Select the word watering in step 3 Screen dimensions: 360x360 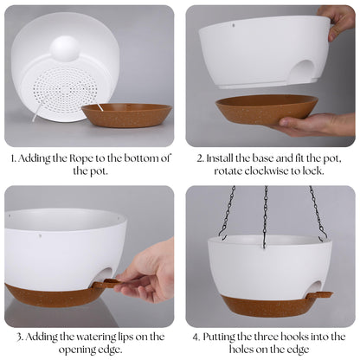click(88, 337)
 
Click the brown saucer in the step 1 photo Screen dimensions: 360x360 click(126, 115)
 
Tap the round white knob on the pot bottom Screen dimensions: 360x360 click(64, 48)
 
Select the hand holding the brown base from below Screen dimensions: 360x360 click(313, 125)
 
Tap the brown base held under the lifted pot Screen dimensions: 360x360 click(267, 110)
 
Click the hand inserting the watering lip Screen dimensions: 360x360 click(147, 274)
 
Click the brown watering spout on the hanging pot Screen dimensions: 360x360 click(319, 295)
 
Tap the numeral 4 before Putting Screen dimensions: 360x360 click(196, 337)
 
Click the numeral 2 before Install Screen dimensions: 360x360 click(200, 158)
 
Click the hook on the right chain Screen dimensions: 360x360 click(324, 235)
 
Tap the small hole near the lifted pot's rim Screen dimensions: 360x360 click(233, 25)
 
